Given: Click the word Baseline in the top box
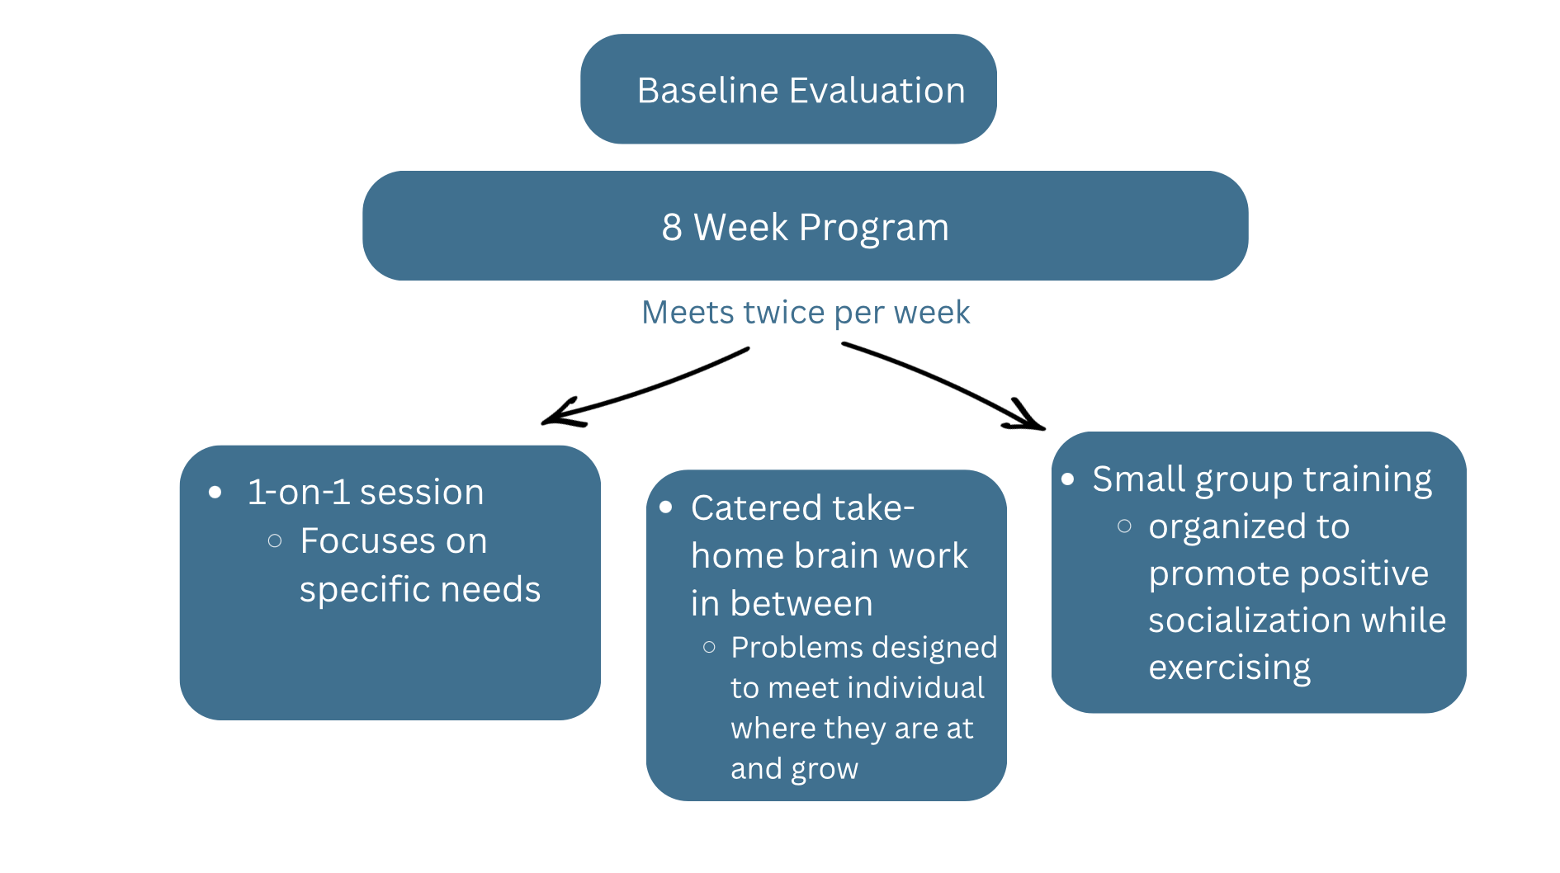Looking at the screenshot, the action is coord(708,90).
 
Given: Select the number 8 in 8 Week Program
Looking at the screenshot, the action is coord(672,227).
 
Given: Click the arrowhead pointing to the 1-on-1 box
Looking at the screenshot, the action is coord(561,413).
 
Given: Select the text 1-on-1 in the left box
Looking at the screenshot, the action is coord(299,492).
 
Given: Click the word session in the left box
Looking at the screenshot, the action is coord(422,492).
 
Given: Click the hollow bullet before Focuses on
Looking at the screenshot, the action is coord(275,541).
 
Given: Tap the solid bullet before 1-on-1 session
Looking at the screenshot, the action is coord(215,493).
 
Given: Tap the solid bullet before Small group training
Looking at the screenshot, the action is coord(1068,479).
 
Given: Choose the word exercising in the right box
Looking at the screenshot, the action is coord(1229,668).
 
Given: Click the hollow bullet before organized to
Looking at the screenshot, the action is coord(1124,526).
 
